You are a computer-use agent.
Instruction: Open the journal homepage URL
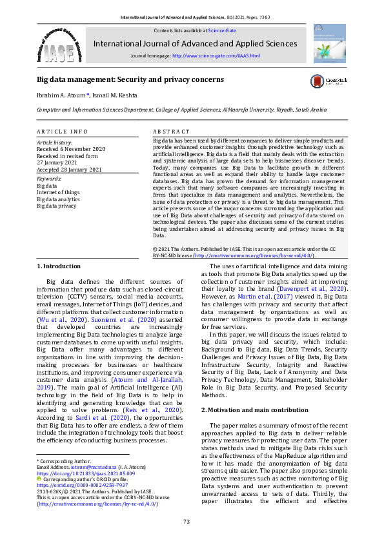click(x=216, y=56)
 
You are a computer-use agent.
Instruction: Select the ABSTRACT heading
click(x=172, y=131)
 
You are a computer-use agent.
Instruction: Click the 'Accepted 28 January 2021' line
click(x=69, y=170)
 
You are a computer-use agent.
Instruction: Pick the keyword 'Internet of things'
click(x=59, y=192)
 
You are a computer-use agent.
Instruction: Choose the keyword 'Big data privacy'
click(x=56, y=206)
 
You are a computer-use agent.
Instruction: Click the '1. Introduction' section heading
click(x=59, y=266)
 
